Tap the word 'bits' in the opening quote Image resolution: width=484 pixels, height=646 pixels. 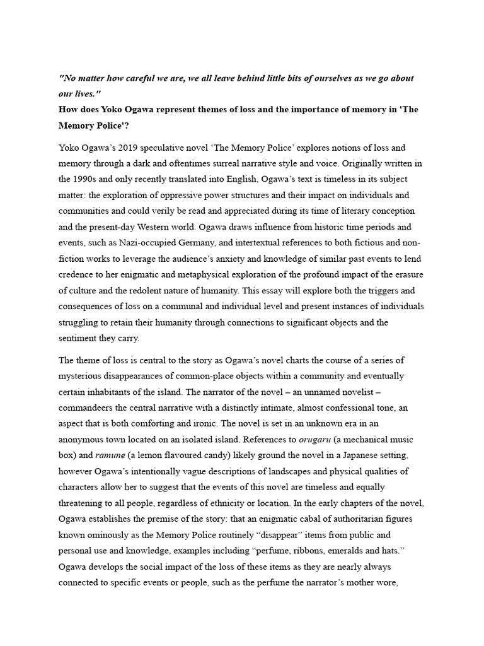tap(294, 79)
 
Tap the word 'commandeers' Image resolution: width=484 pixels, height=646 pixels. tap(85, 408)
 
